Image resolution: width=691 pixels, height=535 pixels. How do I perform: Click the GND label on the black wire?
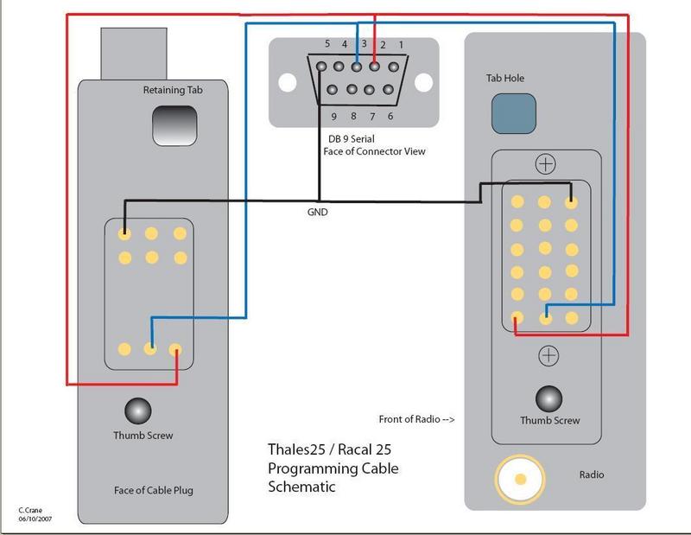pos(318,212)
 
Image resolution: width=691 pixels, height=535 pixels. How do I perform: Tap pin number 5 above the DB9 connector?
pos(327,44)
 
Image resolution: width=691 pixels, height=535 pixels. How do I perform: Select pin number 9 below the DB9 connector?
pos(333,116)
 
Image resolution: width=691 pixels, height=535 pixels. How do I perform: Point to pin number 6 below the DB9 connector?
pos(390,116)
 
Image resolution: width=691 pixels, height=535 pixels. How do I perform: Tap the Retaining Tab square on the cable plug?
pos(174,126)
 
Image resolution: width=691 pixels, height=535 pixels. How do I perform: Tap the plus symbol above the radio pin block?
pos(544,163)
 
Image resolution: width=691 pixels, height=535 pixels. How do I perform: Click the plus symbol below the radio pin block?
pos(548,353)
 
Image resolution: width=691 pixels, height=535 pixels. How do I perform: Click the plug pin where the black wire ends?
pos(125,233)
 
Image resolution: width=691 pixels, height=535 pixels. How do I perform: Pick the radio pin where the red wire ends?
pos(517,317)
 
